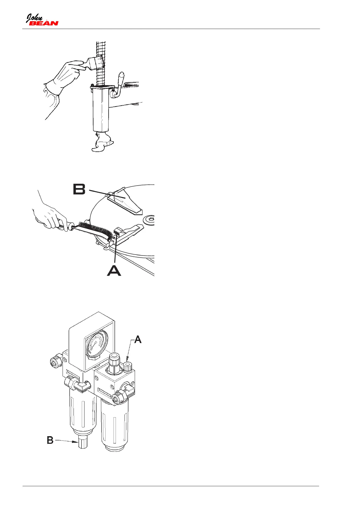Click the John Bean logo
tap(42, 20)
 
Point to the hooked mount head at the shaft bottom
tap(102, 144)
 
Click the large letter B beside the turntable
tap(79, 189)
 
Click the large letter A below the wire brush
tap(114, 270)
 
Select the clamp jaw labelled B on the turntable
tap(125, 200)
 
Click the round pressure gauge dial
tap(96, 344)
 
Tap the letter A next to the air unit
tap(138, 339)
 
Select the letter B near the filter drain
tap(50, 440)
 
